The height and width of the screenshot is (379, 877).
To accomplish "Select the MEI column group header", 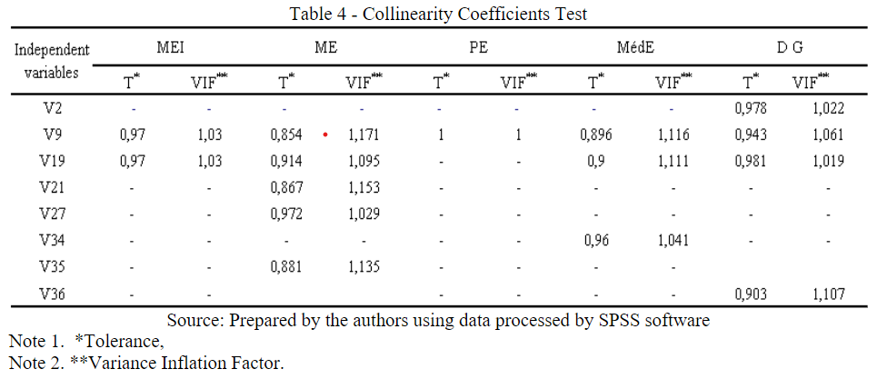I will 174,48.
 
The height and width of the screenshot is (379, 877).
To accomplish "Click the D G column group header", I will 789,48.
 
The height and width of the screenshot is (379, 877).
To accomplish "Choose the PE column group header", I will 478,48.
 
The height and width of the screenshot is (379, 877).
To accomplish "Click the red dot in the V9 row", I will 324,135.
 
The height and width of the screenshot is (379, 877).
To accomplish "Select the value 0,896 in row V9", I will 596,135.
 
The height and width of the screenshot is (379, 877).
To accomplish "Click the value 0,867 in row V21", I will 287,188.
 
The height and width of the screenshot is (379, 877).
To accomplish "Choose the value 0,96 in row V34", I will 596,241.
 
